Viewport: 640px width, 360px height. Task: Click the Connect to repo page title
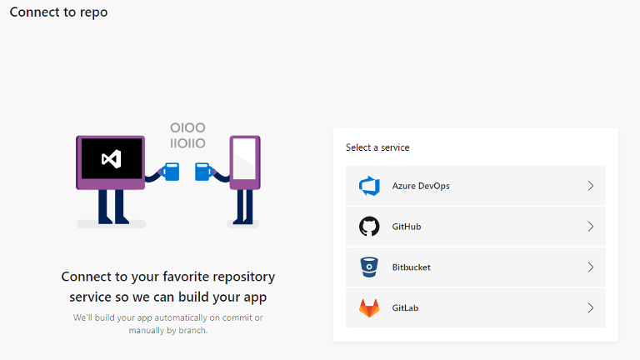click(58, 12)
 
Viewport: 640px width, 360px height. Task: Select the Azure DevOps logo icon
click(369, 186)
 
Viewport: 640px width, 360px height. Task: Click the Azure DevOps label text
click(421, 186)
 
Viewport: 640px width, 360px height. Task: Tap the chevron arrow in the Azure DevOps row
click(591, 186)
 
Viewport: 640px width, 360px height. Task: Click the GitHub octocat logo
click(369, 227)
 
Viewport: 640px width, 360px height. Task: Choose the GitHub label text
click(407, 227)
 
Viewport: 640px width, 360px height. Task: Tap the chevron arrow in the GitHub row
click(591, 227)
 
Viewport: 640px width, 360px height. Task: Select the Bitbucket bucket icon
click(369, 267)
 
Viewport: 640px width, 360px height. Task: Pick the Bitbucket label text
click(412, 267)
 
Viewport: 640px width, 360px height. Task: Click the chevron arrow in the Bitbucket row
click(591, 267)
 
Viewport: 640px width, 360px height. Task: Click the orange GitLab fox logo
click(369, 308)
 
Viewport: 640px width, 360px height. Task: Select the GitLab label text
click(405, 308)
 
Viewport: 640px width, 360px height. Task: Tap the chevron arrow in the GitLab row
click(591, 307)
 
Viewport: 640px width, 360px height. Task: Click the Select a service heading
click(377, 147)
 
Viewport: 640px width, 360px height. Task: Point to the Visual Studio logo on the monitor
click(112, 159)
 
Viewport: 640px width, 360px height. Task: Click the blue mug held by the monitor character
click(171, 172)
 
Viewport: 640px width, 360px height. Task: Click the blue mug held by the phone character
click(203, 172)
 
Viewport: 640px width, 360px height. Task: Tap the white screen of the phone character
click(244, 159)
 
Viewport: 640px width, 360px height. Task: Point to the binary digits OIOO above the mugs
click(187, 127)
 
